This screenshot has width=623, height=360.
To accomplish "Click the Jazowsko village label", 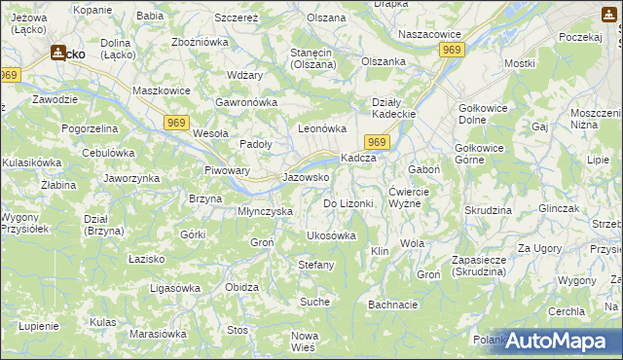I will point(306,178).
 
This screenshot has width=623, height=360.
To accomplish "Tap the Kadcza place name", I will point(357,159).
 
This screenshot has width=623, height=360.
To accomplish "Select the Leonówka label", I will point(322,128).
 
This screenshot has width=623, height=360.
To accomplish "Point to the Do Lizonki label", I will point(348,203).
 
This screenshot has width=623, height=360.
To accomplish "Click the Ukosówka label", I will point(331,235).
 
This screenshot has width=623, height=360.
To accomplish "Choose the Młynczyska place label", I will point(266,211).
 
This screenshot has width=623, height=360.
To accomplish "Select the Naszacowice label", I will point(429,34).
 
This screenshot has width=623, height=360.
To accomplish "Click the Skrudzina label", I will point(488,210).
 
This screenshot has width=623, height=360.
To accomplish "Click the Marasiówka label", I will point(158,334).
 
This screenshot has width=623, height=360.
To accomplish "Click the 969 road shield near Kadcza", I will point(380,143).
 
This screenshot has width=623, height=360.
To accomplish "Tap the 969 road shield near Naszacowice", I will point(451,49).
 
